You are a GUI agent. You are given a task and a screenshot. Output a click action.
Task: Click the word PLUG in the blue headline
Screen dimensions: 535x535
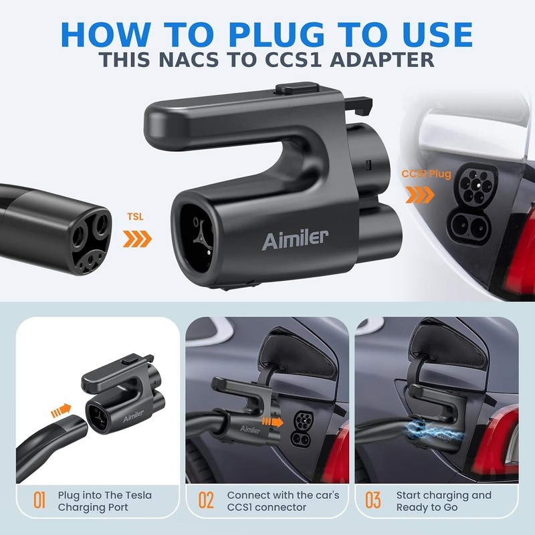click(x=276, y=35)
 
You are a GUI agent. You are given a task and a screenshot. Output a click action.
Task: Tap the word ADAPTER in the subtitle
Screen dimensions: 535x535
click(x=382, y=60)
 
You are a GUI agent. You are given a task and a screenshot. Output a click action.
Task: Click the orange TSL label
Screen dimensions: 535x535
click(x=136, y=217)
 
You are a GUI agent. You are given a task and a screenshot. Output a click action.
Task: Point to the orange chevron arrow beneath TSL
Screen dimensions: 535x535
click(x=137, y=239)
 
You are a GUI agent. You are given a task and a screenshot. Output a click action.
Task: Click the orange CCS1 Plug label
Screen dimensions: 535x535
click(x=426, y=174)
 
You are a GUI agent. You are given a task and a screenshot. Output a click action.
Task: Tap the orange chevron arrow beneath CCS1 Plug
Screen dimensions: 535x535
click(x=420, y=195)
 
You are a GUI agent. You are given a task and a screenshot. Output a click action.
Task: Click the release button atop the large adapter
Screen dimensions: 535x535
click(x=297, y=88)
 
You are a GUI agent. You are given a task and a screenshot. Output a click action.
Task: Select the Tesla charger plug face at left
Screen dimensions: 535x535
click(x=91, y=239)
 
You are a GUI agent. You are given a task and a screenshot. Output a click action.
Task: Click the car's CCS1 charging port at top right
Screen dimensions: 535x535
click(x=475, y=205)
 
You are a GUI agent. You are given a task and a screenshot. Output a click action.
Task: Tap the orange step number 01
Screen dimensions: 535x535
click(x=39, y=500)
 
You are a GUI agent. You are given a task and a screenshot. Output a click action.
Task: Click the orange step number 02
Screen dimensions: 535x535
click(x=206, y=500)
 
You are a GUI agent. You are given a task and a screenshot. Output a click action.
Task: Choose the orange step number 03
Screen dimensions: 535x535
click(x=373, y=500)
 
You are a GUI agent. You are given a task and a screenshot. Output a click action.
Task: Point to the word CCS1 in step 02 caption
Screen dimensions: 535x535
click(x=240, y=508)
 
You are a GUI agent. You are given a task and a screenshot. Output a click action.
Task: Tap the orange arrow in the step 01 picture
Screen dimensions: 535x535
click(x=61, y=410)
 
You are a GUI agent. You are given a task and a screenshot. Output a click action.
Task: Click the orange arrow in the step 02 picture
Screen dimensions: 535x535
click(x=272, y=422)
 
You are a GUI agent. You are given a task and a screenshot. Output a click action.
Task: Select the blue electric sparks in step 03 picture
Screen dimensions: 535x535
click(x=431, y=432)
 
